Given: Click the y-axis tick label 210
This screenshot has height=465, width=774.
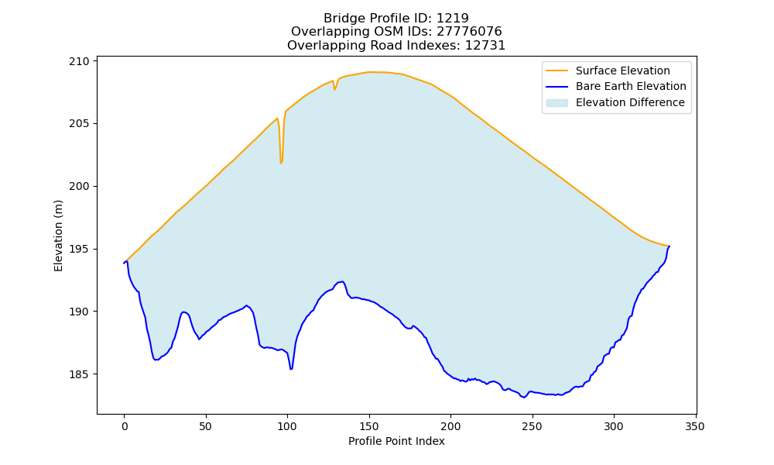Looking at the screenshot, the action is [x=79, y=61].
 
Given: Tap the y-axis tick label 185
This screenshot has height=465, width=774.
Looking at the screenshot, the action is [x=79, y=374].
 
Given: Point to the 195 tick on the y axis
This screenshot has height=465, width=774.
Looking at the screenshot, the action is [x=79, y=249].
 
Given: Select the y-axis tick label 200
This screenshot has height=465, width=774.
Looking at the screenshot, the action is [x=79, y=186].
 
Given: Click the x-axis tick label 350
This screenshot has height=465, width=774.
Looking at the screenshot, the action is [x=695, y=426].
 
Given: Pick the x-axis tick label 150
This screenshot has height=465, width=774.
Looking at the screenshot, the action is [x=368, y=426].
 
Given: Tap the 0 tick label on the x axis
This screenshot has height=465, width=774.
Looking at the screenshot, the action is [x=124, y=426].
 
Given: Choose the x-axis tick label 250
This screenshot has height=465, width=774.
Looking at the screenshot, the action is [x=532, y=426].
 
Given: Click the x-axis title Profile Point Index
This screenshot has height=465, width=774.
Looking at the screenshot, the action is [x=396, y=441].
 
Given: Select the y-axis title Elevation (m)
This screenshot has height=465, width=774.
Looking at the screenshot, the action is [x=58, y=236].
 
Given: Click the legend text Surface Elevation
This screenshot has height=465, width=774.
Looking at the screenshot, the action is [x=622, y=71].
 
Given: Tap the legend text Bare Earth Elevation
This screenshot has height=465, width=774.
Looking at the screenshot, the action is [x=631, y=87].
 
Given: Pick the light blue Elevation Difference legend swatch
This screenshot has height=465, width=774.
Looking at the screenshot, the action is [x=557, y=102].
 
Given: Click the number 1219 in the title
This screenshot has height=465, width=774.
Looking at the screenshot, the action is [x=452, y=19].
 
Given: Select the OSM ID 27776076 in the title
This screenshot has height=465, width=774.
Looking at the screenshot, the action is [x=469, y=32].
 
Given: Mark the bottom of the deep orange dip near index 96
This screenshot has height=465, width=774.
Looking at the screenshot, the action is [x=281, y=163].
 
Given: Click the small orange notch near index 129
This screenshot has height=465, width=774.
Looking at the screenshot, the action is [x=334, y=89].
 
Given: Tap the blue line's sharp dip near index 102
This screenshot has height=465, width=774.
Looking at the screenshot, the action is [x=291, y=369].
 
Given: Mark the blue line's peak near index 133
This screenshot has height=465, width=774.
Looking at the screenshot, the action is [x=342, y=281].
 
